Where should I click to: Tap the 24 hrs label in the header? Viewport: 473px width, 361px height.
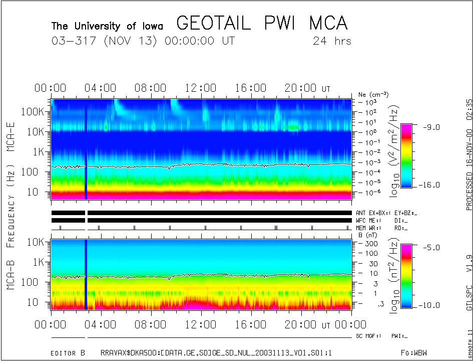point(332,41)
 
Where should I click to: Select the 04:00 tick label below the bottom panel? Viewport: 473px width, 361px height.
point(100,325)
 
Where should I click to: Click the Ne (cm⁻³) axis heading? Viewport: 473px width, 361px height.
point(373,94)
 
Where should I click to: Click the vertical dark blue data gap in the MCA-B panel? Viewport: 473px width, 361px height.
point(86,275)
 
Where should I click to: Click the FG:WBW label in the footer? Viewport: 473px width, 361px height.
point(414,353)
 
